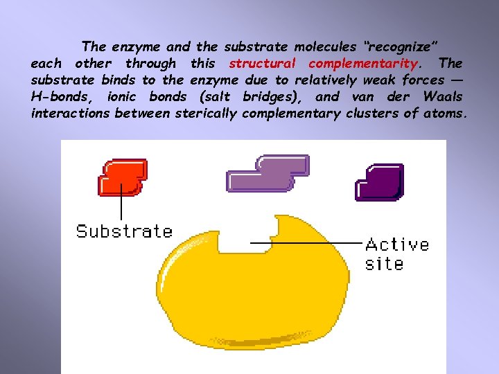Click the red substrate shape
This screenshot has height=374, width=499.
click(x=123, y=177)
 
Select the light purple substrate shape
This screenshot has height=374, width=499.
click(x=268, y=174)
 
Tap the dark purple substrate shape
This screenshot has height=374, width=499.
click(x=380, y=182)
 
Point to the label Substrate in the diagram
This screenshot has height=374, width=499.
click(x=124, y=231)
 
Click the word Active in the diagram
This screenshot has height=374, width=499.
click(x=397, y=244)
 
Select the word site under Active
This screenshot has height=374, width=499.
click(x=384, y=263)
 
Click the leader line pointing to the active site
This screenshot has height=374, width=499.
click(x=312, y=242)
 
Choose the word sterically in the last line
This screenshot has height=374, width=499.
click(x=206, y=114)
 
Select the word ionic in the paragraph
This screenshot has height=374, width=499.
click(x=122, y=97)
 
